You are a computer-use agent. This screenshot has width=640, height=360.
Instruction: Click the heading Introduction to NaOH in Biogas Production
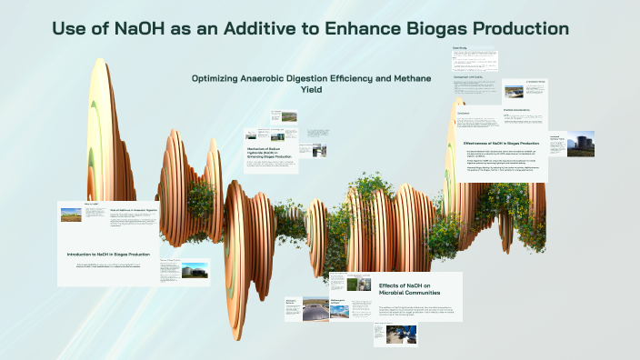tap(108, 254)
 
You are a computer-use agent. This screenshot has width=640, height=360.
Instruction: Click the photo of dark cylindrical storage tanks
tap(579, 145)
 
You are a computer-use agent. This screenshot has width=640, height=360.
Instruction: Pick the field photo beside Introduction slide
tap(71, 215)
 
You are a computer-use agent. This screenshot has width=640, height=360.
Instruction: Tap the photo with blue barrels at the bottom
tap(383, 334)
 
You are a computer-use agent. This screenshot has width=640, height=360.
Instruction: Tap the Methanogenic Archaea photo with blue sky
tap(339, 310)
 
